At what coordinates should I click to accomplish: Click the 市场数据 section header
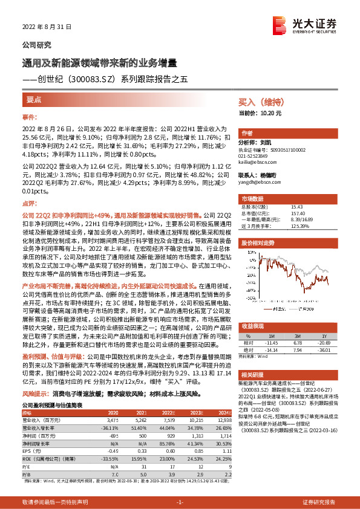[253, 198]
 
